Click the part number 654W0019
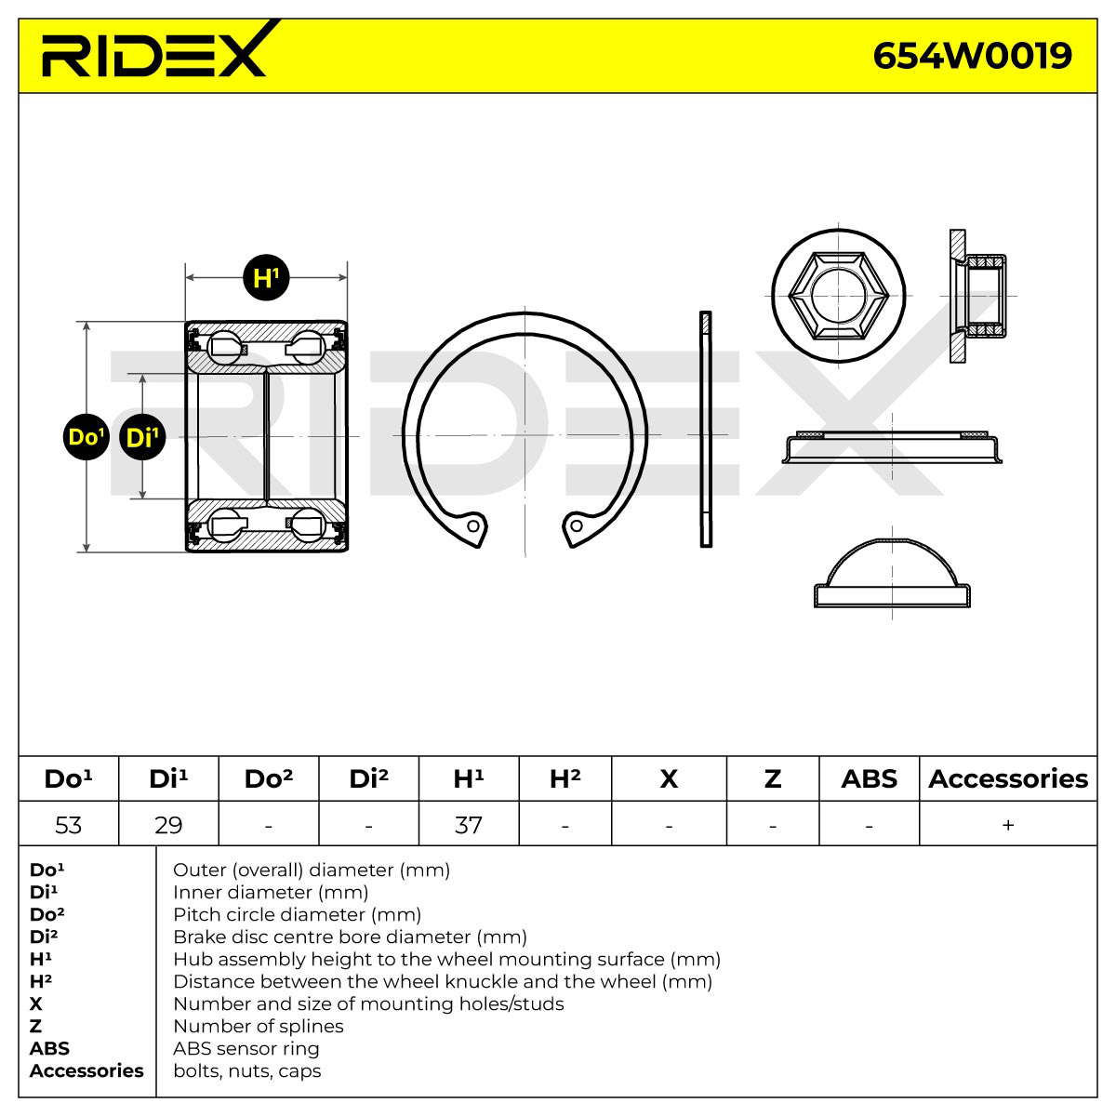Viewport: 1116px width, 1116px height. point(972,56)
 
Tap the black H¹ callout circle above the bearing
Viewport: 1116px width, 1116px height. point(266,277)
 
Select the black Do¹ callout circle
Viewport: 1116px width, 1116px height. point(86,437)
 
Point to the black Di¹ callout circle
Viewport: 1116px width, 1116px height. point(142,437)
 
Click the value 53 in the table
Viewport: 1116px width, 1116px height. point(68,825)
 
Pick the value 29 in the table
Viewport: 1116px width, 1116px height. point(168,825)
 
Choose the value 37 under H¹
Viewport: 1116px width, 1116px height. point(468,825)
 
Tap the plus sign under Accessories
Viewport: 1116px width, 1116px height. point(1008,825)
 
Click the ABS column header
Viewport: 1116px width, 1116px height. point(869,779)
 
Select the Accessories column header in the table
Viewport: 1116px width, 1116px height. point(1008,779)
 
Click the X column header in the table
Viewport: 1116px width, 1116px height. point(669,779)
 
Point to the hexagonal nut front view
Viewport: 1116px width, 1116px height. point(838,296)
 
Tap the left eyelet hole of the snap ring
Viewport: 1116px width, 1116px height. point(473,526)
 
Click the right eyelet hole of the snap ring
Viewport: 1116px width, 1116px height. point(577,525)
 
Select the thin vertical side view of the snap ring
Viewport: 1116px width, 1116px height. point(705,429)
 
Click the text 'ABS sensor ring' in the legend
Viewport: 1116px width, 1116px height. point(246,1048)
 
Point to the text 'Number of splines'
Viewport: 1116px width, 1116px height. point(259,1026)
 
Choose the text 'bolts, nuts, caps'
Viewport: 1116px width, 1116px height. point(247,1070)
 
